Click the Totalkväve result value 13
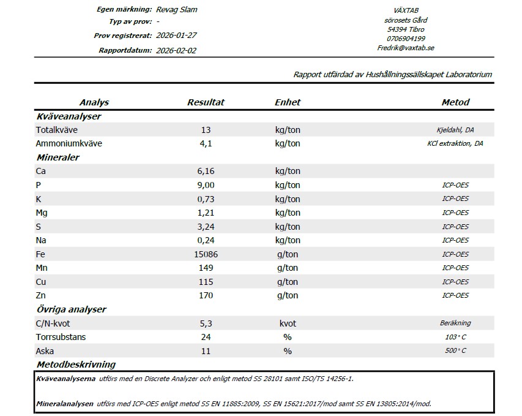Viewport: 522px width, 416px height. [x=206, y=130]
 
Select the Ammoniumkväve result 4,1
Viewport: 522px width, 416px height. [x=206, y=144]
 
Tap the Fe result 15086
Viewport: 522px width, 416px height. [x=206, y=254]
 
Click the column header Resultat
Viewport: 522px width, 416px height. [x=206, y=102]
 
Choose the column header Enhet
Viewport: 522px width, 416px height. [x=288, y=102]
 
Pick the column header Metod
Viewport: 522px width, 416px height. [x=455, y=102]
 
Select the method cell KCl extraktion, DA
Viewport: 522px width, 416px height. [x=455, y=144]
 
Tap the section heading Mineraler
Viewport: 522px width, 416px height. [x=58, y=157]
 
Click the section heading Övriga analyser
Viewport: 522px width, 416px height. [x=72, y=309]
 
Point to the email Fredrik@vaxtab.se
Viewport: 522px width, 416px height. [x=406, y=48]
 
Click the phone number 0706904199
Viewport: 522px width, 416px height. [x=406, y=39]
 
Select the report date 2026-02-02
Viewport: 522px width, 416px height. [x=177, y=50]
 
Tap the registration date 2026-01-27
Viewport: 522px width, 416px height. [x=177, y=36]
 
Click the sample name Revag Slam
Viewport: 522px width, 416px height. [x=177, y=9]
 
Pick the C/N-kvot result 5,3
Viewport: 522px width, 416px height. [x=206, y=323]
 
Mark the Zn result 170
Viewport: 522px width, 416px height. [x=206, y=296]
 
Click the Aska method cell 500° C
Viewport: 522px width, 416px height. [x=455, y=351]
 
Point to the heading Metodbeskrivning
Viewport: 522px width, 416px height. [x=76, y=365]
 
